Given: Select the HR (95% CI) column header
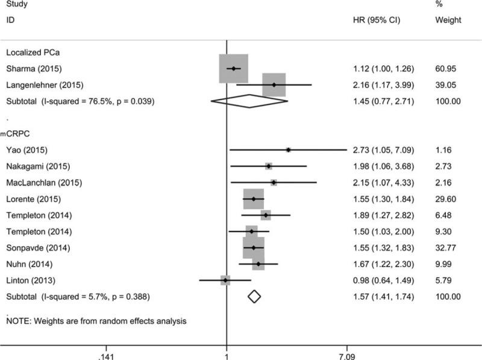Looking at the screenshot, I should (375, 20).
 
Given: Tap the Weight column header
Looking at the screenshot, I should (448, 20).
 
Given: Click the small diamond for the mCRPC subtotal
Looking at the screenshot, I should (254, 297).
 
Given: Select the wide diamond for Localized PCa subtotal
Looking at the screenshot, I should (249, 101).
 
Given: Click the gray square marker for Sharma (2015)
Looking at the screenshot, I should (233, 68).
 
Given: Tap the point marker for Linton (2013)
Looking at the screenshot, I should (225, 280).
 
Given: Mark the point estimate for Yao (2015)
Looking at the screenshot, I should (288, 150).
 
